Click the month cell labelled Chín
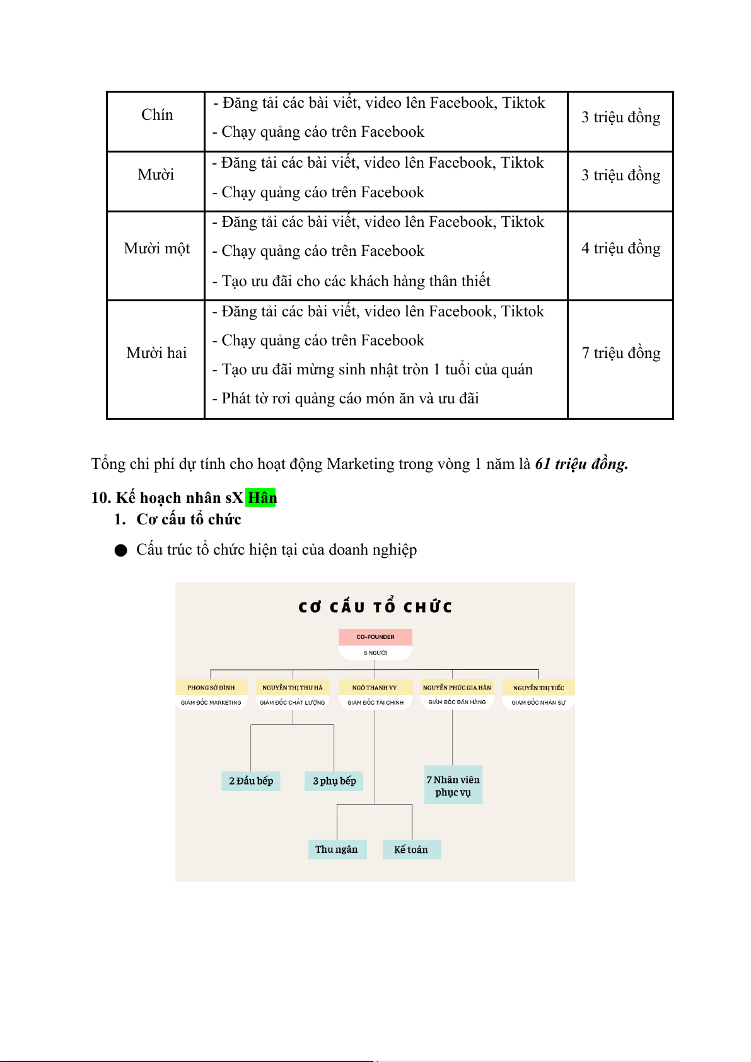pyautogui.click(x=156, y=115)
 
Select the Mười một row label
pyautogui.click(x=156, y=248)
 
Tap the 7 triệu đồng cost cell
pyautogui.click(x=620, y=353)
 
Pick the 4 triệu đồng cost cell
pyautogui.click(x=620, y=248)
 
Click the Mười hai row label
pyautogui.click(x=156, y=353)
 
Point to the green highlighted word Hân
pyautogui.click(x=262, y=498)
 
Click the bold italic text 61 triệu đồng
pyautogui.click(x=581, y=465)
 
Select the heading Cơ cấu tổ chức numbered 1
pyautogui.click(x=189, y=519)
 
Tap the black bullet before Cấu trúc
pyautogui.click(x=121, y=551)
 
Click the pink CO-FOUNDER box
pyautogui.click(x=375, y=637)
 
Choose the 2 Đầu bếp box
pyautogui.click(x=251, y=781)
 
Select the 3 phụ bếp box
pyautogui.click(x=334, y=781)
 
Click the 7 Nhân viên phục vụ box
pyautogui.click(x=453, y=785)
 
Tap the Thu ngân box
pyautogui.click(x=337, y=850)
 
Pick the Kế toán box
pyautogui.click(x=411, y=850)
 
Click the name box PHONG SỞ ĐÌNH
pyautogui.click(x=211, y=688)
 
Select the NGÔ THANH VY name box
pyautogui.click(x=375, y=688)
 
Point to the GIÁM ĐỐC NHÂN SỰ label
pyautogui.click(x=539, y=703)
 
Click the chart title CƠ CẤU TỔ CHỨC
pyautogui.click(x=375, y=607)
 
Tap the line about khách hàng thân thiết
pyautogui.click(x=356, y=281)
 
